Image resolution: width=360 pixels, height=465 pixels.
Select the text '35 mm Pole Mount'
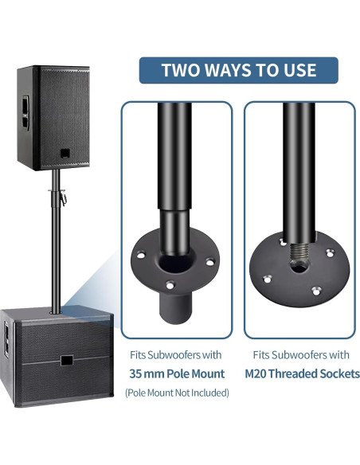(x=176, y=373)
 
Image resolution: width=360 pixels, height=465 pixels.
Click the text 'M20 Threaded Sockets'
(x=299, y=373)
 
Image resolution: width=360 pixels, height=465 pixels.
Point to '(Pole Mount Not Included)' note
(x=176, y=393)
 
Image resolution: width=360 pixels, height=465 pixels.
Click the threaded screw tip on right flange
(x=299, y=254)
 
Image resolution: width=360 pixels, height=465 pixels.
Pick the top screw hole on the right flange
(x=282, y=237)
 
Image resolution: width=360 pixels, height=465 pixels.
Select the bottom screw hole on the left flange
(x=169, y=283)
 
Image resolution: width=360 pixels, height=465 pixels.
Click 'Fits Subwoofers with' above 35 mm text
(x=176, y=354)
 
